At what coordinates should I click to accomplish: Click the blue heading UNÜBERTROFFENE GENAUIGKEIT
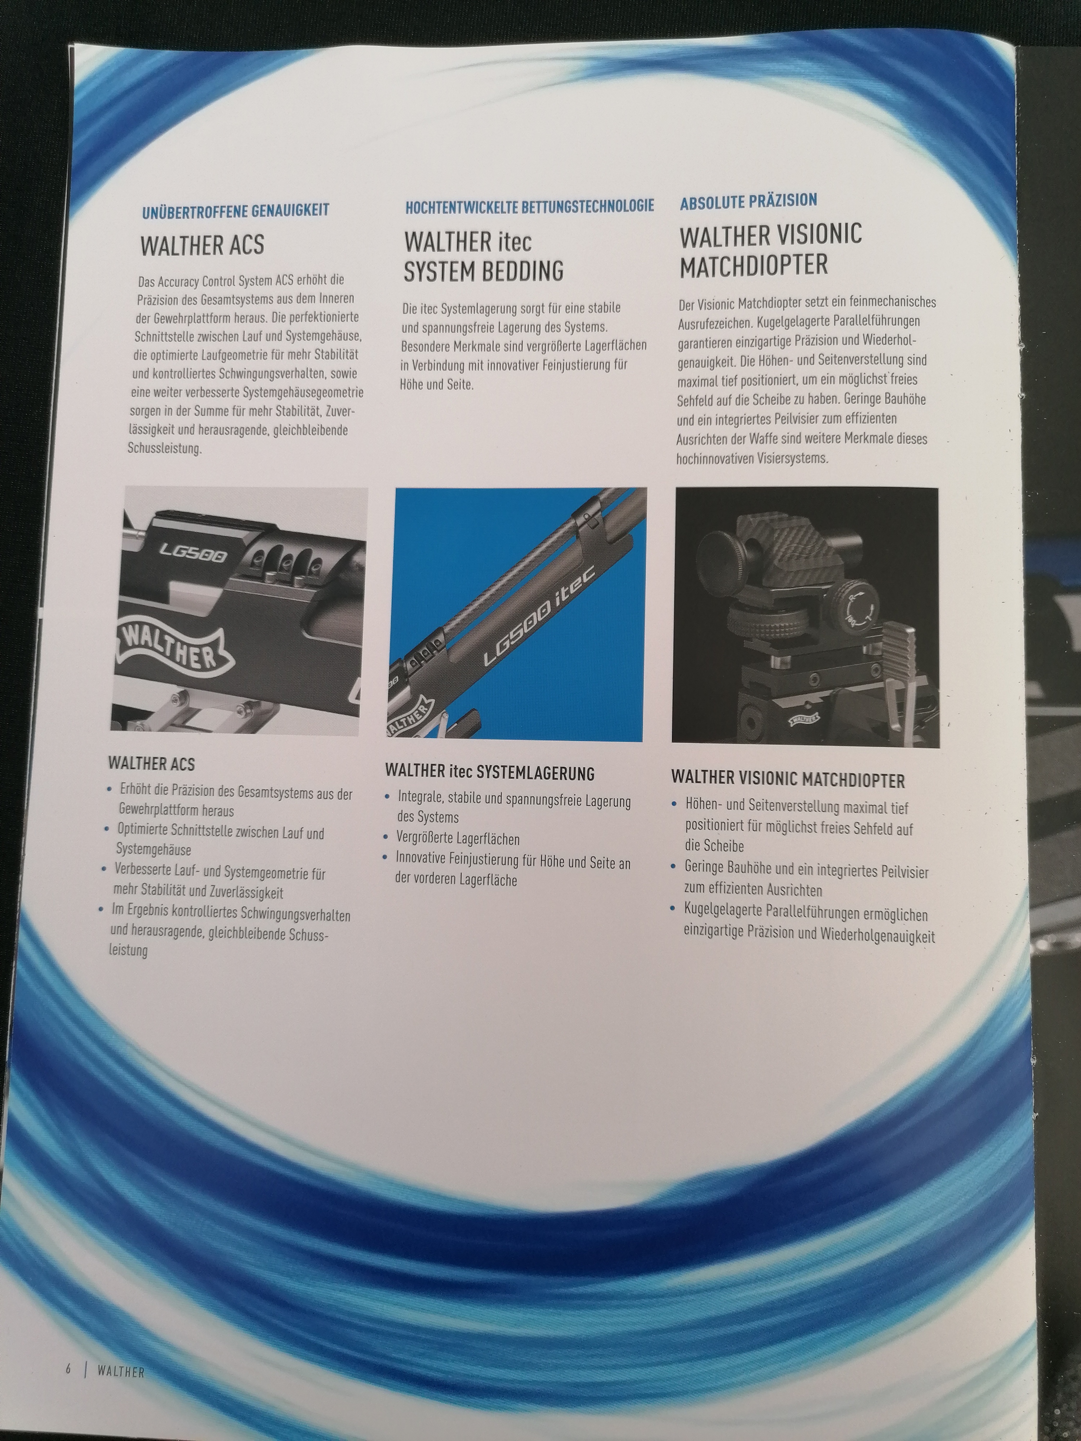[235, 210]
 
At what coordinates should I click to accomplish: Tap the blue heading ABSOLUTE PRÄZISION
[749, 201]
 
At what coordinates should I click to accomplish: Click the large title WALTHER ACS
[202, 246]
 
